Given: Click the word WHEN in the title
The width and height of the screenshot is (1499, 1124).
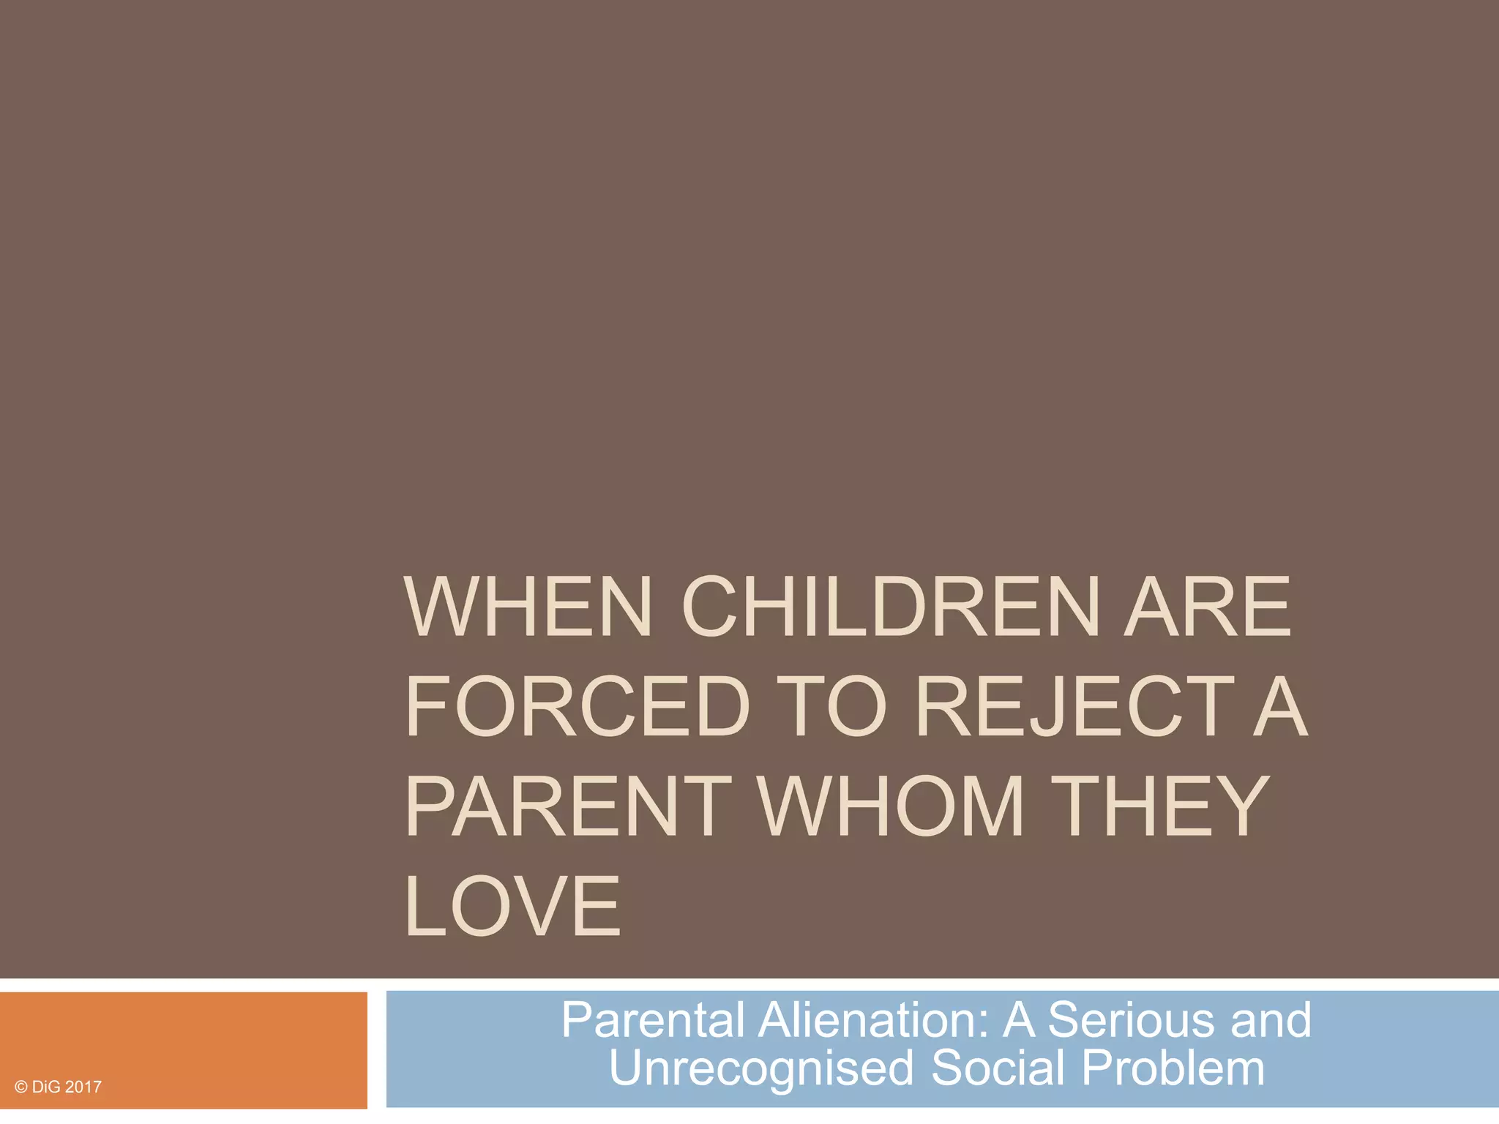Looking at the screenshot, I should tap(528, 607).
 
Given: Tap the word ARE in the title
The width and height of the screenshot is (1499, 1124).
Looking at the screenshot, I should tap(1208, 607).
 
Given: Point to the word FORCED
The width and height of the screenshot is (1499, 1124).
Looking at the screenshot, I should tap(578, 707).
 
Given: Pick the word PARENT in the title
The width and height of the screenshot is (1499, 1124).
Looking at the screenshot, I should tap(568, 806).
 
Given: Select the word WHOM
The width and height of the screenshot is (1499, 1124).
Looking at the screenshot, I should tap(890, 806).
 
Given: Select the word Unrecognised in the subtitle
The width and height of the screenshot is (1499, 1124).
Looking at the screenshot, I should tap(761, 1068).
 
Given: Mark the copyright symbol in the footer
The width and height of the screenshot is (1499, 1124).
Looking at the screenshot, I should tap(20, 1087).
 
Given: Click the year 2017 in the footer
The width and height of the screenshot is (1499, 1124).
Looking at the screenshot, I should tap(83, 1087).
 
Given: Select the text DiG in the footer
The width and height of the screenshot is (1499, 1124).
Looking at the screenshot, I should tap(46, 1087).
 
